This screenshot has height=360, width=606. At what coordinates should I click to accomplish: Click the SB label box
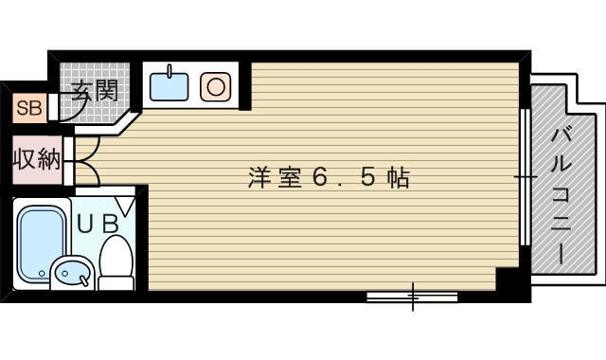coord(28,107)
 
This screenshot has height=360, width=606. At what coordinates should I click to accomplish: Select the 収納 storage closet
coord(36,159)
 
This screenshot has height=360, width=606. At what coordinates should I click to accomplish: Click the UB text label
coord(97,225)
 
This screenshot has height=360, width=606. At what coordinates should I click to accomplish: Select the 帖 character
coord(398,177)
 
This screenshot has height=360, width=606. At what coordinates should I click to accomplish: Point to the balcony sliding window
coord(525,177)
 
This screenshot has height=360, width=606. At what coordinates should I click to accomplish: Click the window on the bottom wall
coord(413,297)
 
